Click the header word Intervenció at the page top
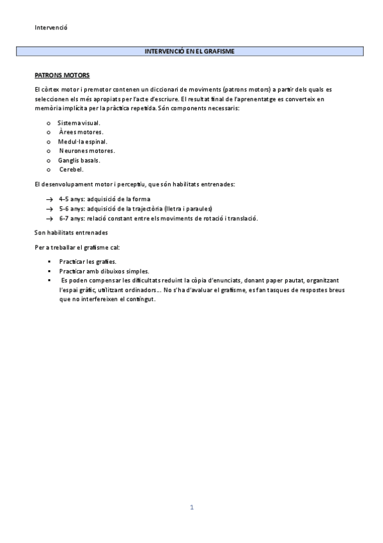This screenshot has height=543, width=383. [51, 28]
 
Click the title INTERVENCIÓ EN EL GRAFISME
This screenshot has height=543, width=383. [191, 51]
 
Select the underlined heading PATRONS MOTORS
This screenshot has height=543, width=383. [62, 75]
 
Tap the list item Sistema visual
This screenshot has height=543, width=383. [79, 122]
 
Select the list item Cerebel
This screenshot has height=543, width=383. [71, 169]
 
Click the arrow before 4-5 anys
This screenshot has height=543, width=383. [49, 199]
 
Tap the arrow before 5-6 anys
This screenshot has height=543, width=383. [49, 209]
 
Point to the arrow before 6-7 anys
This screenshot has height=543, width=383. [49, 218]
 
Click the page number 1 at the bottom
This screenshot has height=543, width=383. [191, 507]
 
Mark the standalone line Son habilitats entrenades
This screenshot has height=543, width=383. [71, 232]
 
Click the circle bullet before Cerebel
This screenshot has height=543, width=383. [49, 170]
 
